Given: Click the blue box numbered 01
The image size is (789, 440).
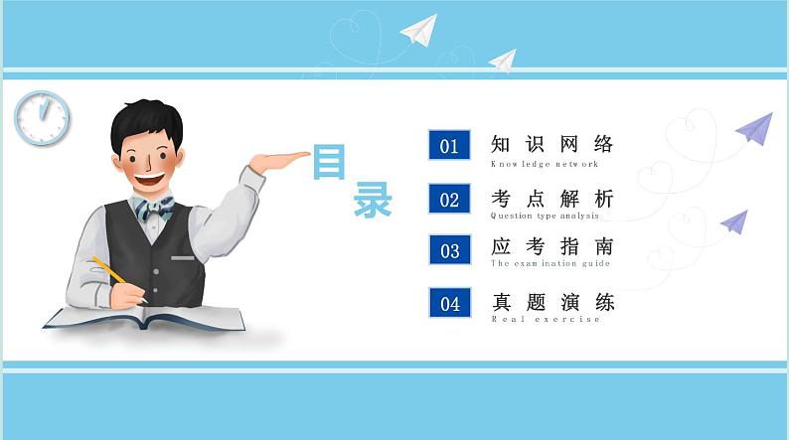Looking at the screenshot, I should [x=449, y=146].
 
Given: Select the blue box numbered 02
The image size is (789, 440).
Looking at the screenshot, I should [x=449, y=199].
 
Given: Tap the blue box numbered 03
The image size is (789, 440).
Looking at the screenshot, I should [x=449, y=250].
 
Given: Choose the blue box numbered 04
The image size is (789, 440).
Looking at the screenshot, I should [x=449, y=303].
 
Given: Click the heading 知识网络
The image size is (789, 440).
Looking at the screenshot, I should [x=552, y=144].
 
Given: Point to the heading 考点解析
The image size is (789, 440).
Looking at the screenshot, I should [x=552, y=198].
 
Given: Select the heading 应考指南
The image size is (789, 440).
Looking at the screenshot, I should [x=552, y=247].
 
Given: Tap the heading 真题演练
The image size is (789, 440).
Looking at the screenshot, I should [x=552, y=301].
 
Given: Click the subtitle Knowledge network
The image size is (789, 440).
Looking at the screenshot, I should [x=545, y=164].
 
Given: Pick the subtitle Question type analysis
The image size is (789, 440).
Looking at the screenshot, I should [x=545, y=216].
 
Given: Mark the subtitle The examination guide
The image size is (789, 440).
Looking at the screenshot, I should [x=550, y=265].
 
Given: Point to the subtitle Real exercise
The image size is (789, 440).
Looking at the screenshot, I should [x=546, y=319].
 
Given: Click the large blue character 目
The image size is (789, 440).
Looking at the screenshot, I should [x=328, y=162].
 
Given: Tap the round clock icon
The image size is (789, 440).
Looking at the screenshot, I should [x=42, y=117].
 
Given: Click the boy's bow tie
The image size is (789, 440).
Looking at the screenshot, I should [x=154, y=209].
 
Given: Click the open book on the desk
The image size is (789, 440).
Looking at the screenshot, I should [x=144, y=317].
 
